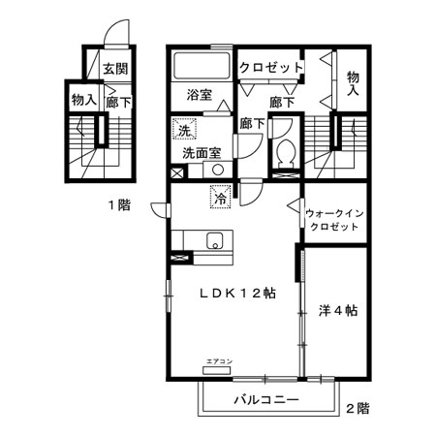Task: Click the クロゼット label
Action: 272,68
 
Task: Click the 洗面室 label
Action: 202,153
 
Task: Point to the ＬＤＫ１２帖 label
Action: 234,295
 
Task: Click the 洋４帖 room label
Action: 338,311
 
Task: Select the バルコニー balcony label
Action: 265,399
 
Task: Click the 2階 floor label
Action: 357,409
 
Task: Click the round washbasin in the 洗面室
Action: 219,169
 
